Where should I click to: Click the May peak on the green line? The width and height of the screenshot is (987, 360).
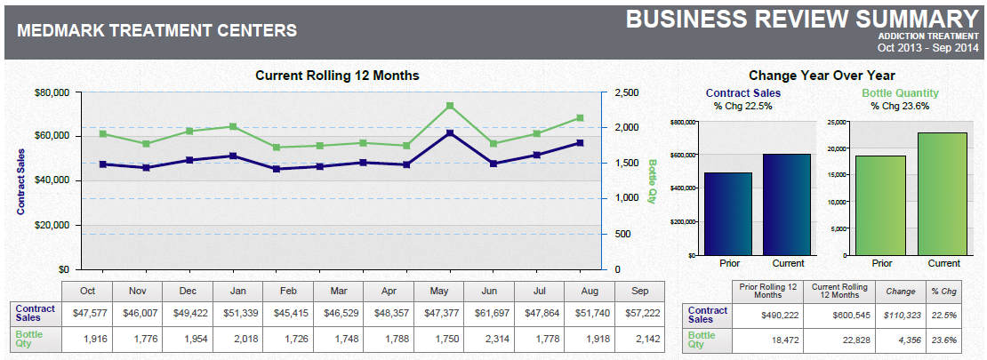click(450, 106)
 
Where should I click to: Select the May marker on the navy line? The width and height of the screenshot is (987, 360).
click(450, 133)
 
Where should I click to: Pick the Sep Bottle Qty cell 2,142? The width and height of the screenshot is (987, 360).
click(640, 340)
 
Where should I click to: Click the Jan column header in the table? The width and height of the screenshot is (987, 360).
click(238, 291)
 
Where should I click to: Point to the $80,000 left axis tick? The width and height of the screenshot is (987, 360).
click(52, 92)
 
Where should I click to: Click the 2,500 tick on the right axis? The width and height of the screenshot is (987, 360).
click(627, 92)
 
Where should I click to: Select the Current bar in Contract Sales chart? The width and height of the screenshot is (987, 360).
click(787, 204)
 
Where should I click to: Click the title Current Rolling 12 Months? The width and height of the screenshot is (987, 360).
click(337, 76)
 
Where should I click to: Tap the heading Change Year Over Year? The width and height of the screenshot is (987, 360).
click(822, 76)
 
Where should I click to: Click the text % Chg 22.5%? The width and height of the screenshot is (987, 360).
click(742, 106)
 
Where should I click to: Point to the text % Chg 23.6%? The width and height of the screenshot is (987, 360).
click(900, 106)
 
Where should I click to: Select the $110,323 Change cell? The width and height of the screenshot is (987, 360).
click(900, 316)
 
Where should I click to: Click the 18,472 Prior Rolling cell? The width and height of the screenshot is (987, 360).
click(767, 340)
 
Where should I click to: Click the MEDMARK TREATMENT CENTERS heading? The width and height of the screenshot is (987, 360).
click(157, 31)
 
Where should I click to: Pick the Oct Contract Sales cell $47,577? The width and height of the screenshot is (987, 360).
click(87, 313)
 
